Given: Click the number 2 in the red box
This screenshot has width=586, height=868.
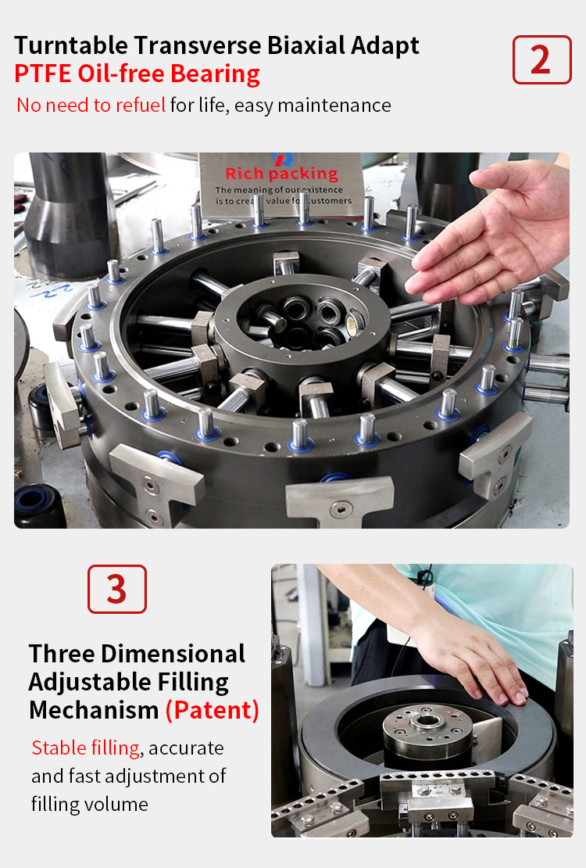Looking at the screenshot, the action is coord(541,59).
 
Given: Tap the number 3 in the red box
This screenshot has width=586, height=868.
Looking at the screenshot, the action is coord(116,589).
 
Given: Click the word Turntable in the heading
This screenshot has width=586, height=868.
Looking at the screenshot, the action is coord(71,45).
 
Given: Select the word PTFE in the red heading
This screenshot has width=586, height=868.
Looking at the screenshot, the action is coord(43,74).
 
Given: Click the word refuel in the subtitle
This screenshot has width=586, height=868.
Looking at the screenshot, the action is coord(140,105).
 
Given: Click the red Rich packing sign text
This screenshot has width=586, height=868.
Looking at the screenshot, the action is coord(281,174).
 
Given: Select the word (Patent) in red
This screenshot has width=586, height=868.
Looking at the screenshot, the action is coord(213,710).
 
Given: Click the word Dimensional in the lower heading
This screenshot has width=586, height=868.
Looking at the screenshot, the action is coord(173,654).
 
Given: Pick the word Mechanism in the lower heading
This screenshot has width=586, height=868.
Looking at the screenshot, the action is coord(94,710).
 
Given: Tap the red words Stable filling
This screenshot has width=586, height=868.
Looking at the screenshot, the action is coord(85,748).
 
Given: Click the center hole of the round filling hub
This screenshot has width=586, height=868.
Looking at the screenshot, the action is coord(427,721).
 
